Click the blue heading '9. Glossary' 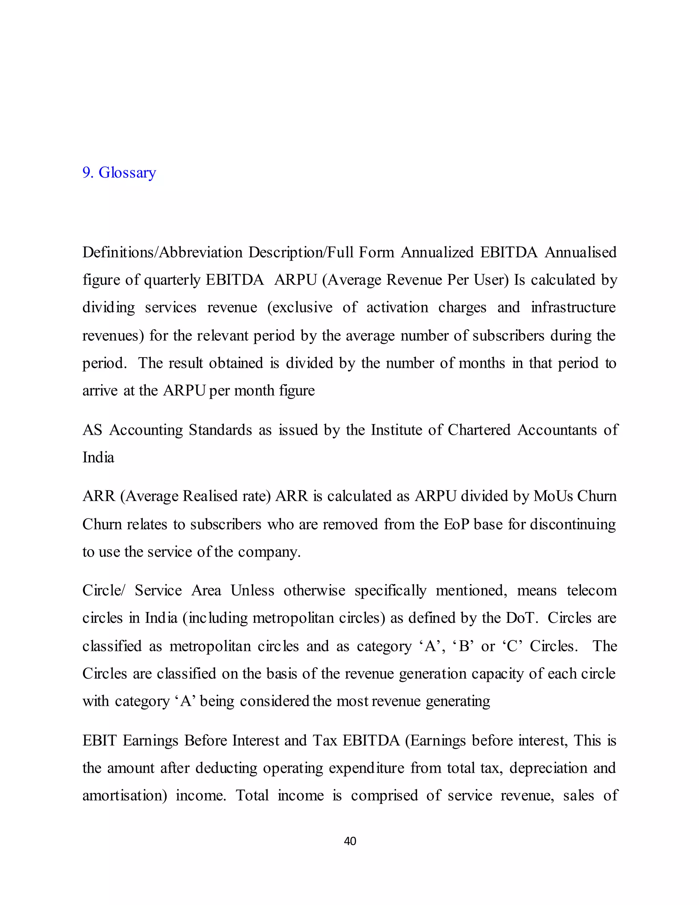119,172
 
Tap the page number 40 350,841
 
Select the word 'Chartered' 479,430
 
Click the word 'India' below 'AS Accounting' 98,458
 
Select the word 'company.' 269,552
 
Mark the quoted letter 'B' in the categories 464,646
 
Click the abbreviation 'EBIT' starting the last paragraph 99,740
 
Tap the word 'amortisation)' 124,796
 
